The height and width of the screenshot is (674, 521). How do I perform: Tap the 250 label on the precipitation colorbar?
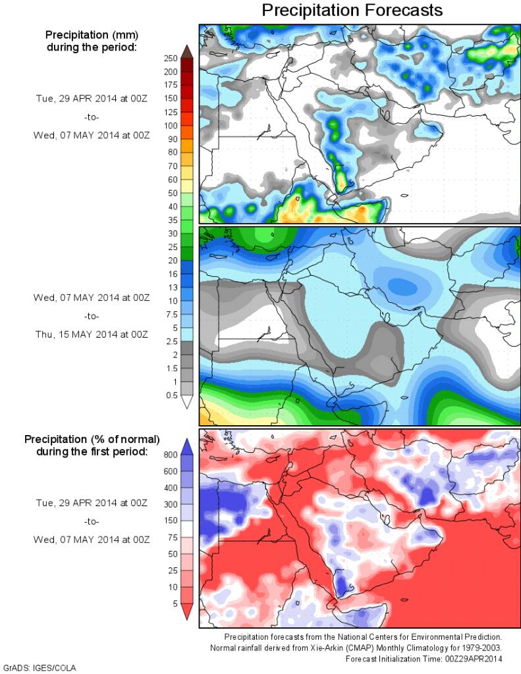coord(171,58)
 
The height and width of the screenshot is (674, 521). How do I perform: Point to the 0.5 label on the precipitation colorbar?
coord(171,395)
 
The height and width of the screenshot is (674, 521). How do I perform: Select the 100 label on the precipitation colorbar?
coord(171,125)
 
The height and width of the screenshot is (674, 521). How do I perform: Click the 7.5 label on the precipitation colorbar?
coord(170,314)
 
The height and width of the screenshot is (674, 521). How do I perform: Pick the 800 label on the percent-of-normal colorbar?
coord(171,454)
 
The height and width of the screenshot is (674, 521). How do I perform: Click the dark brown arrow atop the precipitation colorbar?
coord(186,51)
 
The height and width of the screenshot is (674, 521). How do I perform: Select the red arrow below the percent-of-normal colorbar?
coord(186,613)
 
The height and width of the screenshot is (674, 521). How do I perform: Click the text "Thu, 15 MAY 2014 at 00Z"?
coord(92,334)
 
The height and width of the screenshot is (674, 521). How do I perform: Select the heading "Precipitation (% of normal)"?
coord(92,438)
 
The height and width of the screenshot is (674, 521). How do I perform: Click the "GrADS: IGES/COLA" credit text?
coord(40,667)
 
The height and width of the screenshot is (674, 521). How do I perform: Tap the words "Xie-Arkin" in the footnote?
coord(316,648)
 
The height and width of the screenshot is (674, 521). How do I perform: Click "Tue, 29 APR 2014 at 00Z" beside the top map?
coord(92,98)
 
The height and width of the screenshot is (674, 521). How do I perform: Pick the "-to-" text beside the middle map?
coord(92,316)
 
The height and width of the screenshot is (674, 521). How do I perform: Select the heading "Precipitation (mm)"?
coord(92,34)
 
